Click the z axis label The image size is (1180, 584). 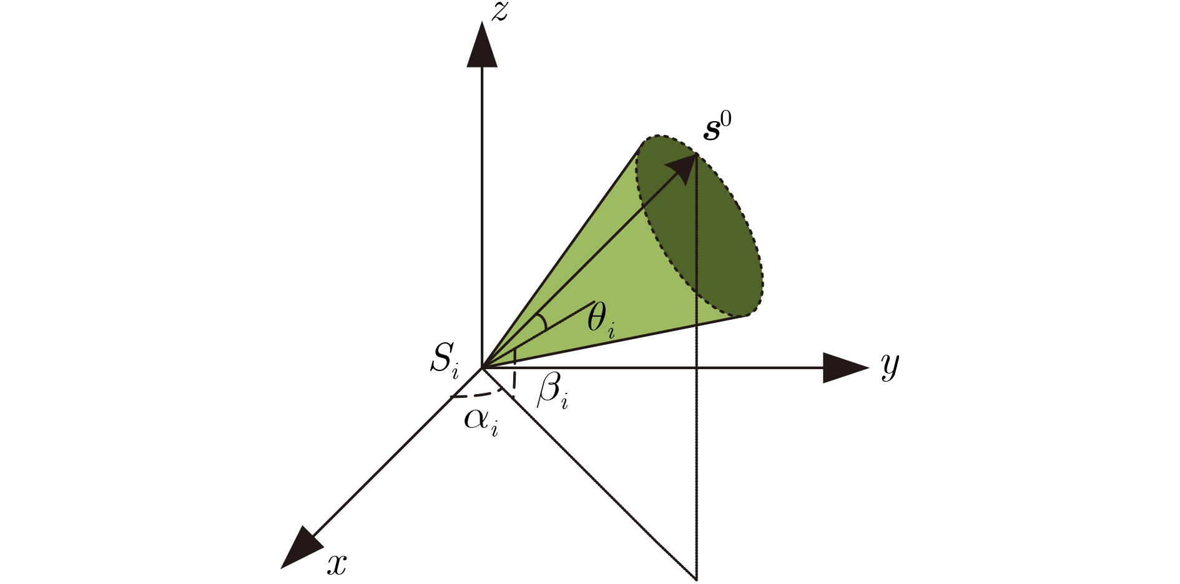(499, 12)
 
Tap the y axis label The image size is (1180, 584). (890, 366)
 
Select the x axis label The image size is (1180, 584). (337, 565)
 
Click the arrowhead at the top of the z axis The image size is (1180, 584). (482, 44)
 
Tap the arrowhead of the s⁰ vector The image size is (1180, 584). (683, 167)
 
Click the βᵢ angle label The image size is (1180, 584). (553, 392)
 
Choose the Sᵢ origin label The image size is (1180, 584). (445, 360)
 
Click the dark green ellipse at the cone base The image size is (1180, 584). (699, 225)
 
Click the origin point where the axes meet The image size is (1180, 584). (482, 368)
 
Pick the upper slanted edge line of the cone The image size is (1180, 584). (563, 255)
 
